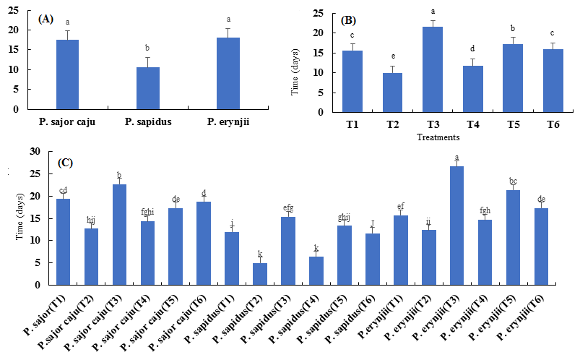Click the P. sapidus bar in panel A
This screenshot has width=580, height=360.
click(x=147, y=88)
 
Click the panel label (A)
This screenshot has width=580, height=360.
click(x=46, y=19)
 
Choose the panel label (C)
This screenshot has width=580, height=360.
click(x=66, y=163)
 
